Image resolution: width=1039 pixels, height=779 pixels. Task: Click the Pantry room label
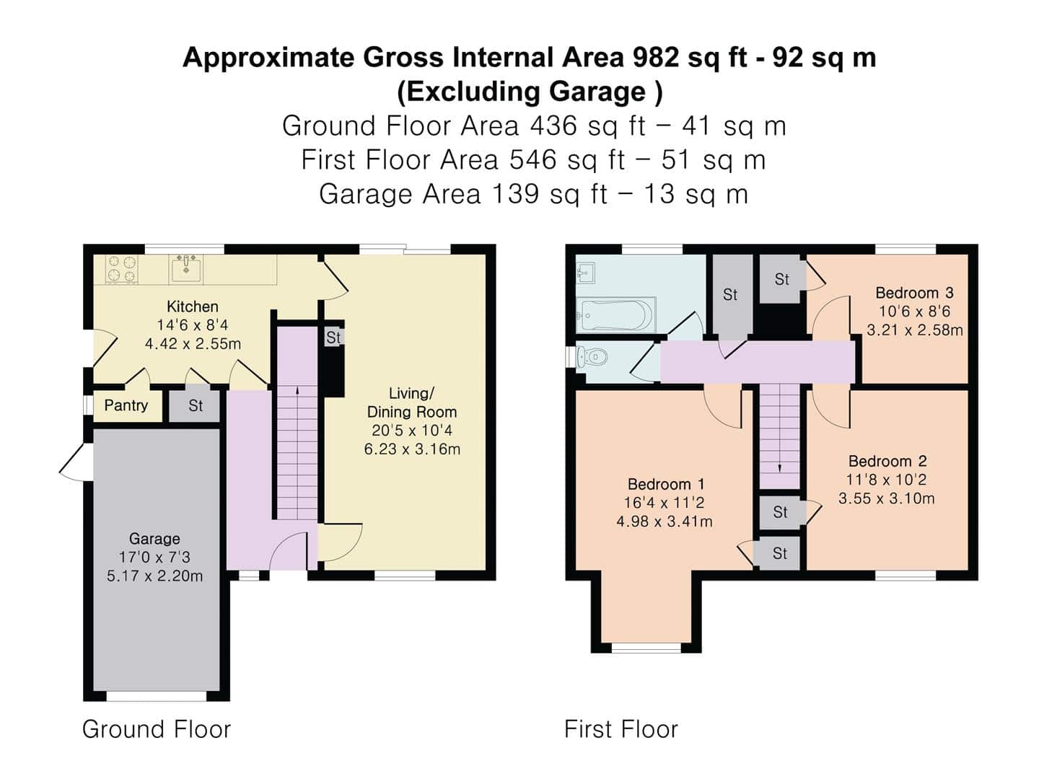click(x=126, y=405)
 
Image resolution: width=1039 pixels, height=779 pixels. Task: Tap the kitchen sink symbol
click(x=185, y=269)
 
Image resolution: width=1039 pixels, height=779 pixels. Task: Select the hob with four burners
click(x=121, y=269)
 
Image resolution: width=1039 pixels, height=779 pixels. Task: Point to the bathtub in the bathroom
click(x=615, y=314)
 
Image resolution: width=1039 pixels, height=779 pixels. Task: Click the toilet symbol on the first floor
click(x=592, y=356)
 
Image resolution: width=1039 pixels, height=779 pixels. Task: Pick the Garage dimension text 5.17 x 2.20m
click(x=155, y=576)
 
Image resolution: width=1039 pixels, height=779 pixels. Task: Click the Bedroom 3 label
click(x=914, y=293)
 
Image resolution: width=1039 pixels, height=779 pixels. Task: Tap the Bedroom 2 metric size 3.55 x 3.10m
click(x=887, y=498)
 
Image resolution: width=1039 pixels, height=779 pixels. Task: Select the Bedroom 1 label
click(x=666, y=484)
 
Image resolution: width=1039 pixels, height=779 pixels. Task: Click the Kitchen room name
click(x=193, y=307)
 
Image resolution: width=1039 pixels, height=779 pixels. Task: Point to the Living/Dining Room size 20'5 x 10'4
click(x=412, y=431)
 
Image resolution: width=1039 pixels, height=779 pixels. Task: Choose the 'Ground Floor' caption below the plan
click(x=157, y=729)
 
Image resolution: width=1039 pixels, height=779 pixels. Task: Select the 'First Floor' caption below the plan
click(x=621, y=729)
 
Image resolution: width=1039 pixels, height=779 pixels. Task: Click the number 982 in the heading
click(x=656, y=57)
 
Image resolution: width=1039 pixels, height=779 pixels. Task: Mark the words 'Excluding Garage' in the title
click(x=527, y=92)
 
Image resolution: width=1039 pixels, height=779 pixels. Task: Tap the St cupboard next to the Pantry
click(x=195, y=405)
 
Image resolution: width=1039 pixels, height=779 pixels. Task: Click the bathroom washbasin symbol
click(x=586, y=273)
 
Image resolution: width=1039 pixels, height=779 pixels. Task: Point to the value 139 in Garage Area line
click(x=515, y=194)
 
